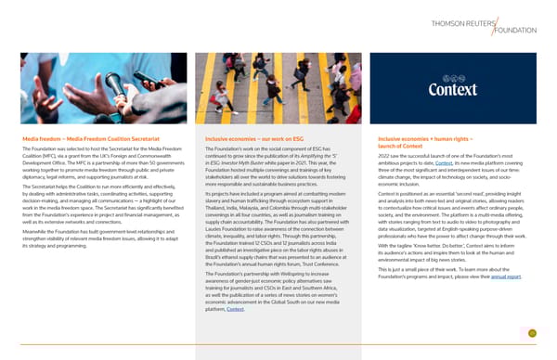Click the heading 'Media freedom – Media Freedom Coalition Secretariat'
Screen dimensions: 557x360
94,139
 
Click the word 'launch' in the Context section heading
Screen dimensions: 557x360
389,148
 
